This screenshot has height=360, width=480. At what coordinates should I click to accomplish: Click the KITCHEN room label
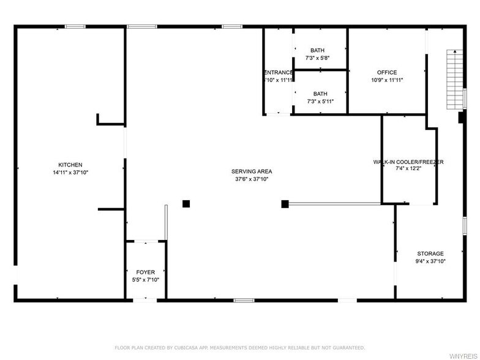70,165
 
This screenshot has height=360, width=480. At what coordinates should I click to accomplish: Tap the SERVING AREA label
252,171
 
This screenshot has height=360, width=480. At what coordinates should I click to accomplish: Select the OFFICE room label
387,72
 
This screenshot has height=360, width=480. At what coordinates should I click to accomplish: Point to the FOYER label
146,272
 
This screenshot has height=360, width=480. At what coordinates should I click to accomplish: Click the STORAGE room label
430,253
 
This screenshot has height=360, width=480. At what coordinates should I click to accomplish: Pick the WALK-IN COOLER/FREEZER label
408,162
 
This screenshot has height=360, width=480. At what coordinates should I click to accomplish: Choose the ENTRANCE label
279,72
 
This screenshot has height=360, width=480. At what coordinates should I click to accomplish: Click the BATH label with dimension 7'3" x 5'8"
317,50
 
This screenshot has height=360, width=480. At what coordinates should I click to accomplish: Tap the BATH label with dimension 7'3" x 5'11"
320,94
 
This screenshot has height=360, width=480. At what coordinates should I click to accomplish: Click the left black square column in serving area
186,203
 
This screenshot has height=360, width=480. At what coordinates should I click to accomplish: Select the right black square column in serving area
285,203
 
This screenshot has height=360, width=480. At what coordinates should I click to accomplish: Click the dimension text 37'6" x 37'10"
252,179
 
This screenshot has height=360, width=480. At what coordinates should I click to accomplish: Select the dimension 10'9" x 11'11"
387,80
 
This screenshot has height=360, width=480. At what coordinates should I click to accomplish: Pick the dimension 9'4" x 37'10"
430,261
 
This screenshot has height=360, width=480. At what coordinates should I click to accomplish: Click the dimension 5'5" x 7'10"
146,280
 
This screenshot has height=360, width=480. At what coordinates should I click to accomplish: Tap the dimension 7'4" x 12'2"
408,168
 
